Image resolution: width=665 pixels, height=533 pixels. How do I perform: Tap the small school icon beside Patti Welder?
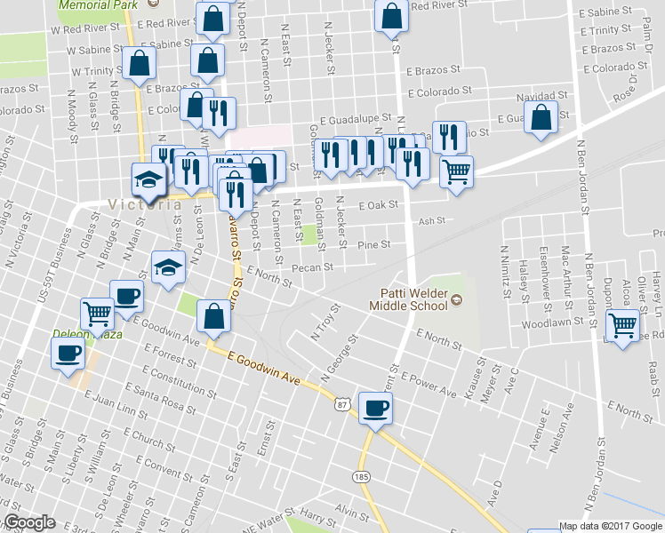[457, 300]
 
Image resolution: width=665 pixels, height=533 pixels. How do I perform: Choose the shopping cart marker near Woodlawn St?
[623, 325]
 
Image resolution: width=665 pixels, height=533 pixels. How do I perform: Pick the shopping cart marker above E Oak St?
[457, 170]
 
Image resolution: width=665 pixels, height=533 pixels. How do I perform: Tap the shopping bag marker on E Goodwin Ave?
[214, 316]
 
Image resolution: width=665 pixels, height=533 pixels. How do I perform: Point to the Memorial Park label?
[98, 4]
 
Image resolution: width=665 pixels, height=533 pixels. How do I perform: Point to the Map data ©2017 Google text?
[609, 526]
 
